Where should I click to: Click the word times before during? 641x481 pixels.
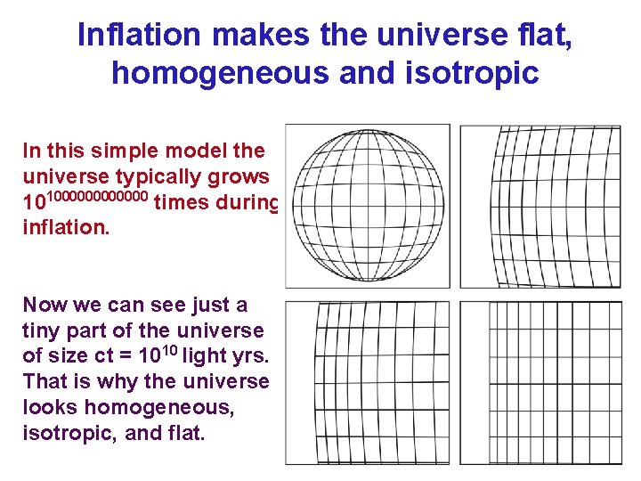pos(183,202)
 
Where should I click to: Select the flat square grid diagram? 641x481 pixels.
pos(548,383)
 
